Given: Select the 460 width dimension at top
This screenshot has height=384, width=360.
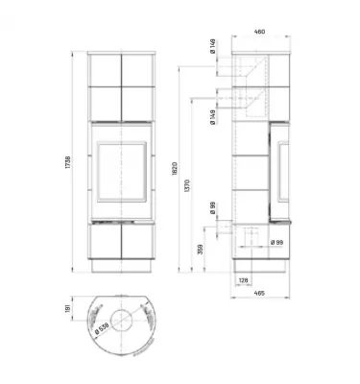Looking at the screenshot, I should tap(259, 30).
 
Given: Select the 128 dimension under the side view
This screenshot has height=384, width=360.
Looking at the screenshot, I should tap(244, 280).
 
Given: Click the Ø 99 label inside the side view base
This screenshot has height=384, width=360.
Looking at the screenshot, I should tap(276, 244).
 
